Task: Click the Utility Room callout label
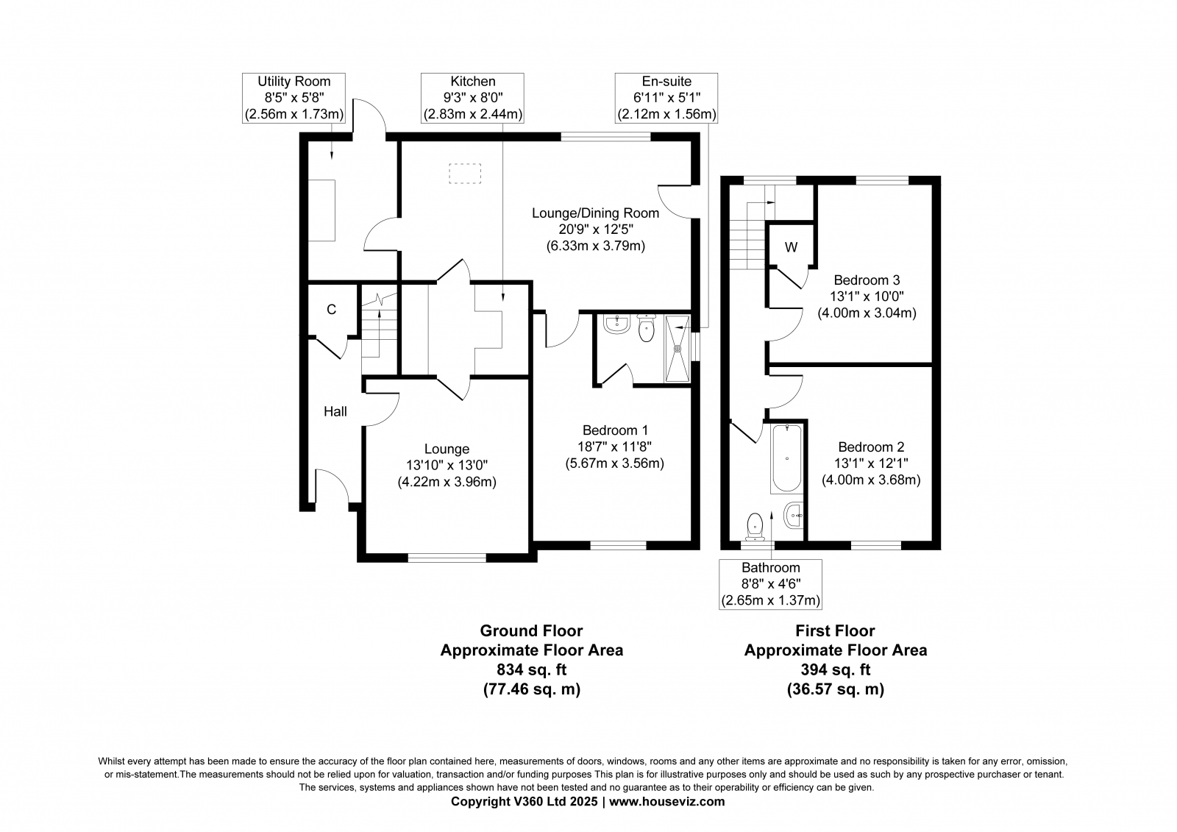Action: [x=294, y=98]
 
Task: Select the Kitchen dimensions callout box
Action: [x=472, y=98]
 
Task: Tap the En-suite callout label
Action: [x=666, y=98]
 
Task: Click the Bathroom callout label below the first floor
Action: [x=770, y=584]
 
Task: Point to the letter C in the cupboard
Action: [x=331, y=310]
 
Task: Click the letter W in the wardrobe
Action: [x=792, y=247]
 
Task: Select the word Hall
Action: [x=335, y=411]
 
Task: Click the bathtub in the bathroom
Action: [x=786, y=458]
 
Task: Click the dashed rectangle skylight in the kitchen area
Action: [x=465, y=174]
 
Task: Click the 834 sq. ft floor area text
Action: [x=532, y=669]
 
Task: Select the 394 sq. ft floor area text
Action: [x=836, y=669]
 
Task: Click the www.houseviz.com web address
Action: [x=666, y=802]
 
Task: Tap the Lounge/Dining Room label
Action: [x=595, y=213]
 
